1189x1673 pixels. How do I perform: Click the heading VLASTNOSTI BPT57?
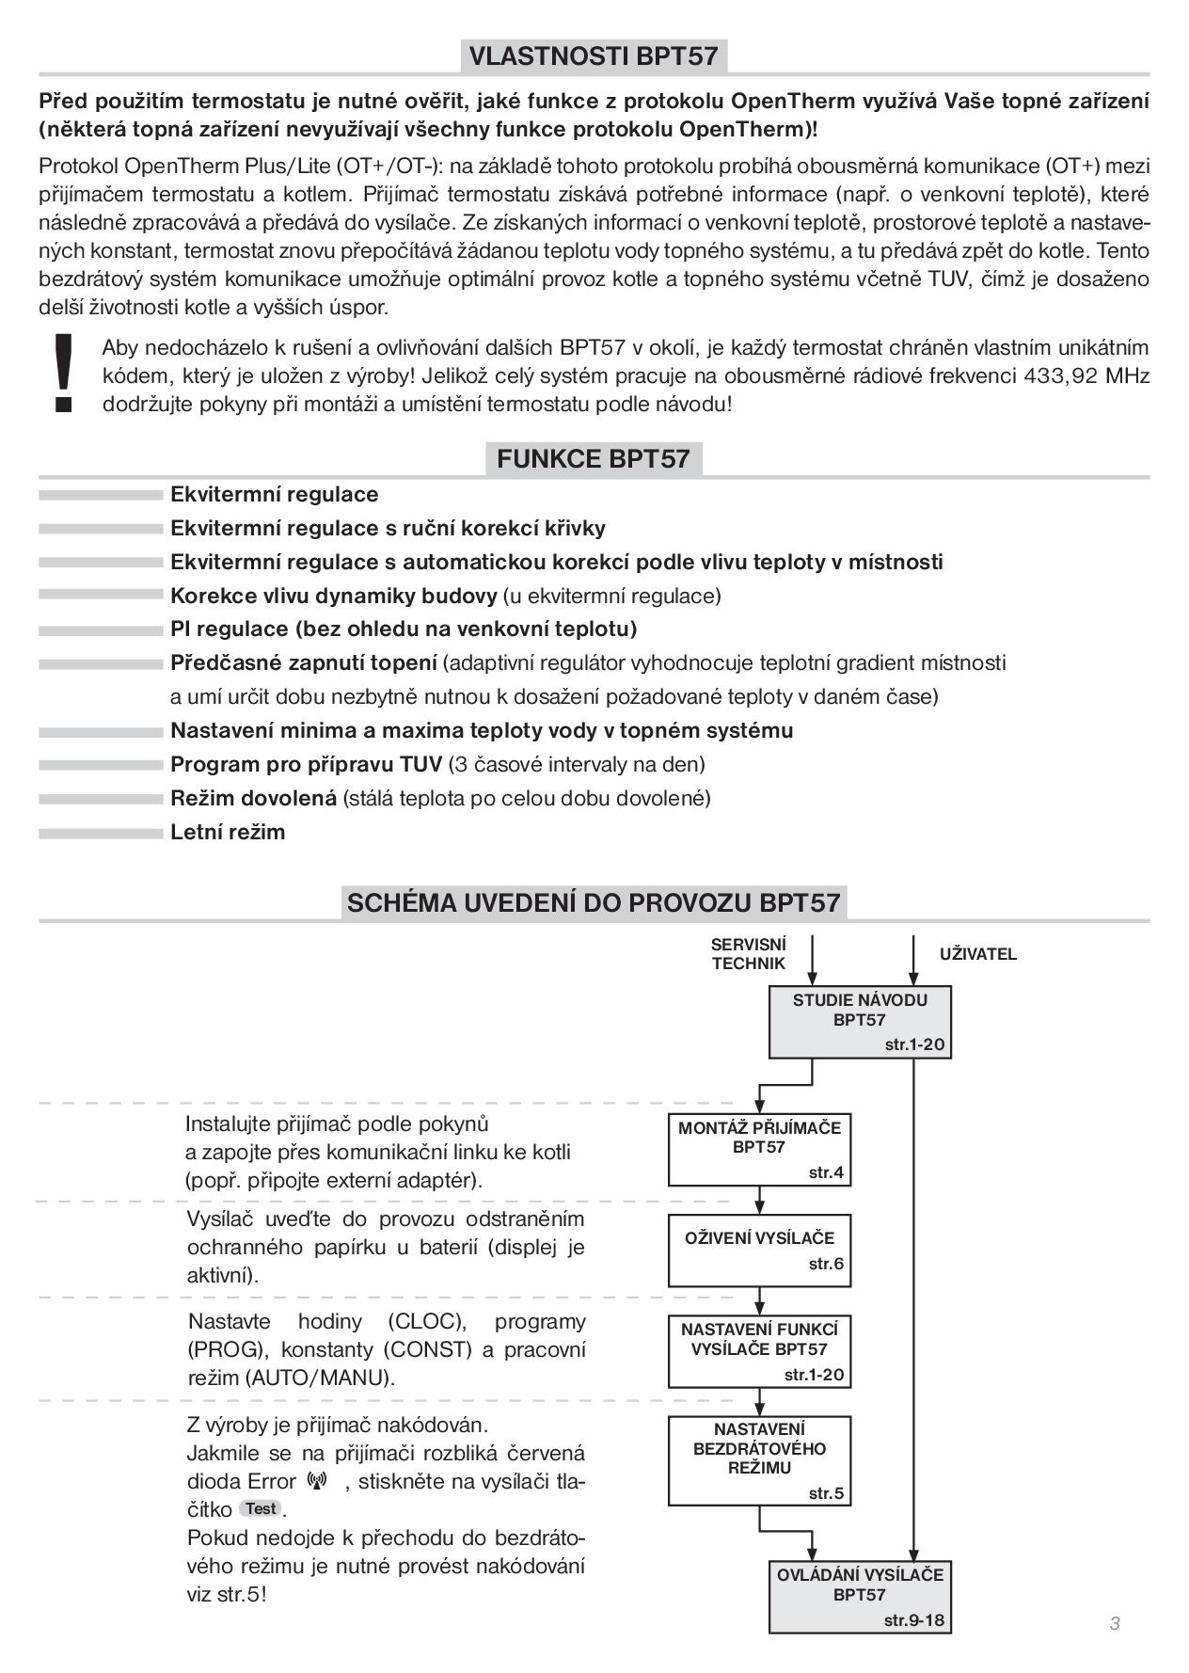594,56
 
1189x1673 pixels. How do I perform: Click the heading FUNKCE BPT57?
594,459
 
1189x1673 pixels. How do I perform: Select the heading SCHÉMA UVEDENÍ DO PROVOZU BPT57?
594,902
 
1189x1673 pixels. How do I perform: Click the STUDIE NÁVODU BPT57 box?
860,1022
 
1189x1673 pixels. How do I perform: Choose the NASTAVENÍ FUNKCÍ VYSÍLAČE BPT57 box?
760,1351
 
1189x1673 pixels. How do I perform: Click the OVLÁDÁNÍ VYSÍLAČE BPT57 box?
860,1598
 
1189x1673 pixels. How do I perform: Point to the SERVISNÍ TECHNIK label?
749,953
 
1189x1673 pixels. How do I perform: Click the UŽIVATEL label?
978,954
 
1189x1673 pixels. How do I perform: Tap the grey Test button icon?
261,1509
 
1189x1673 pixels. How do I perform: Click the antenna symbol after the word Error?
317,1481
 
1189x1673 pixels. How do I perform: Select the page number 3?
1115,1623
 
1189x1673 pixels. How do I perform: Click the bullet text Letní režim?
228,832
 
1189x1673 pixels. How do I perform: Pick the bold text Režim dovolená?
253,798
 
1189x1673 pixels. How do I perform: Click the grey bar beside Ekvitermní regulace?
101,495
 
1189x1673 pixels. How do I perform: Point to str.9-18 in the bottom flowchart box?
913,1620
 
